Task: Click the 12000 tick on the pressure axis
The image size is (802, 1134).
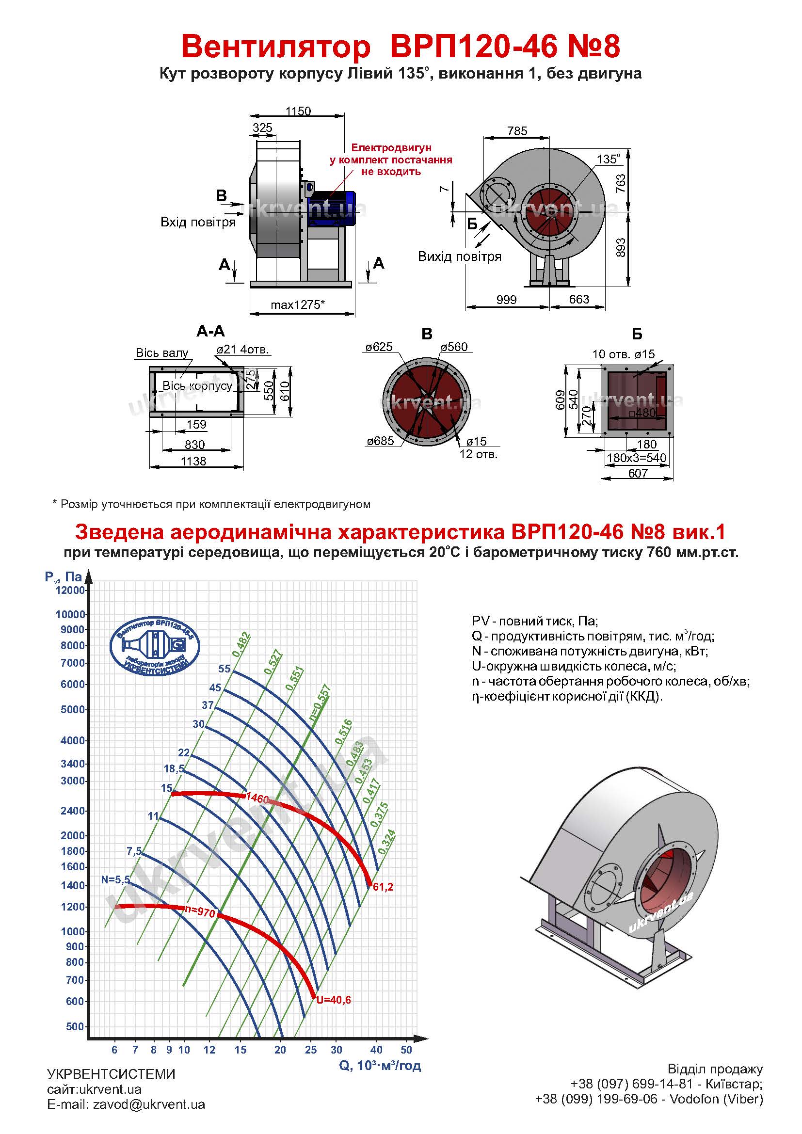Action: coord(70,590)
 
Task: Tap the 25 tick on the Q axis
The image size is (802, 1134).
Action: coord(310,1050)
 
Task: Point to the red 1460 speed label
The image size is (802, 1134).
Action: coord(257,798)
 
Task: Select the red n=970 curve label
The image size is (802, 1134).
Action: coord(199,912)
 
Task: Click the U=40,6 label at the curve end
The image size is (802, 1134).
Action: coord(334,1000)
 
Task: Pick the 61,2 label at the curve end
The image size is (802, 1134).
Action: coord(383,887)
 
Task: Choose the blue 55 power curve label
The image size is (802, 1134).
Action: coord(224,669)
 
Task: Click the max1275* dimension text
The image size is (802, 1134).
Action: coord(297,305)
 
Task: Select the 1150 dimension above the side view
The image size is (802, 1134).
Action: coord(298,111)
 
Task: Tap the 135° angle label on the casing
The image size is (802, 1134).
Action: coord(608,159)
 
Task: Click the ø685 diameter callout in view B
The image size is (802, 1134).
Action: coord(380,441)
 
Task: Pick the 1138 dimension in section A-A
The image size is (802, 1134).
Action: coord(193,461)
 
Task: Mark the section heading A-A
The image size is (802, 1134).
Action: coord(210,331)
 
